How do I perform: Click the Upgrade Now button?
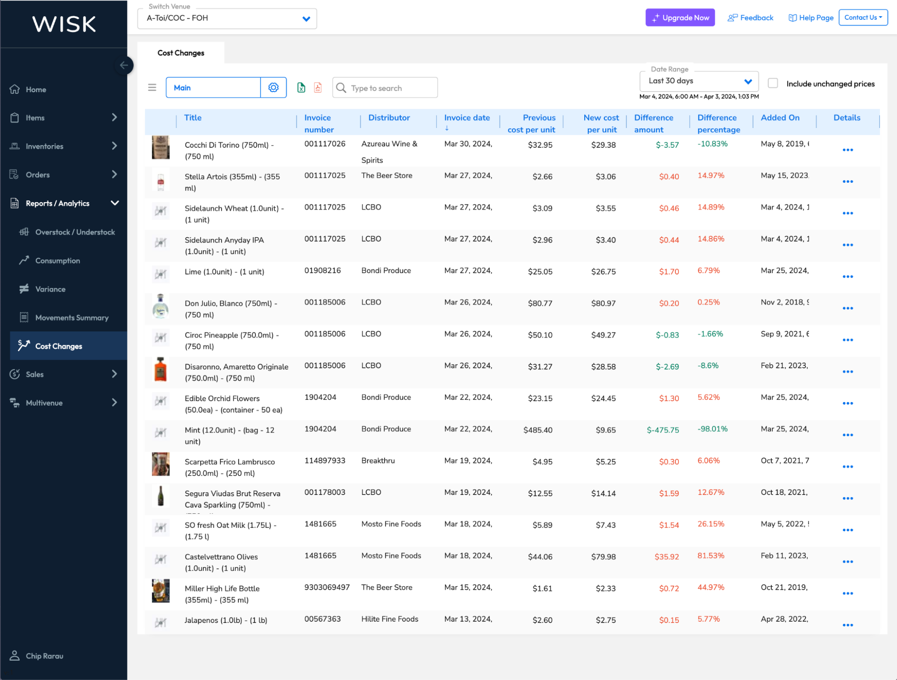tap(680, 18)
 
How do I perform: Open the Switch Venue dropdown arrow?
tap(306, 19)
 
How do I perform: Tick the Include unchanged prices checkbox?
tap(773, 84)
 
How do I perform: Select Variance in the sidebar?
tap(50, 289)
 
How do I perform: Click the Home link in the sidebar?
tap(35, 90)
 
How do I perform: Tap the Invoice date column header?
tap(467, 118)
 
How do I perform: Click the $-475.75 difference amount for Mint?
tap(662, 430)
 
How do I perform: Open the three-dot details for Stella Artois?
tap(847, 182)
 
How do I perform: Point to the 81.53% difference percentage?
tap(711, 556)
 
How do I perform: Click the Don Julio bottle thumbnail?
tap(161, 306)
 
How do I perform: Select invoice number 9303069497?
tap(327, 587)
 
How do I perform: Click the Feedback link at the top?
tap(751, 18)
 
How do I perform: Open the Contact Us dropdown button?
tap(862, 18)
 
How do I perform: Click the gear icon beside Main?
tap(273, 88)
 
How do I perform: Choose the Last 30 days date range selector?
tap(699, 81)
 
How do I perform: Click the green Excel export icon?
tap(301, 88)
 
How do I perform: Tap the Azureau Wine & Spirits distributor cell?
tap(389, 152)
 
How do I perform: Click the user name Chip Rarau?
tap(44, 656)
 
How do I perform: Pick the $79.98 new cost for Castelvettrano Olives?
tap(603, 557)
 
